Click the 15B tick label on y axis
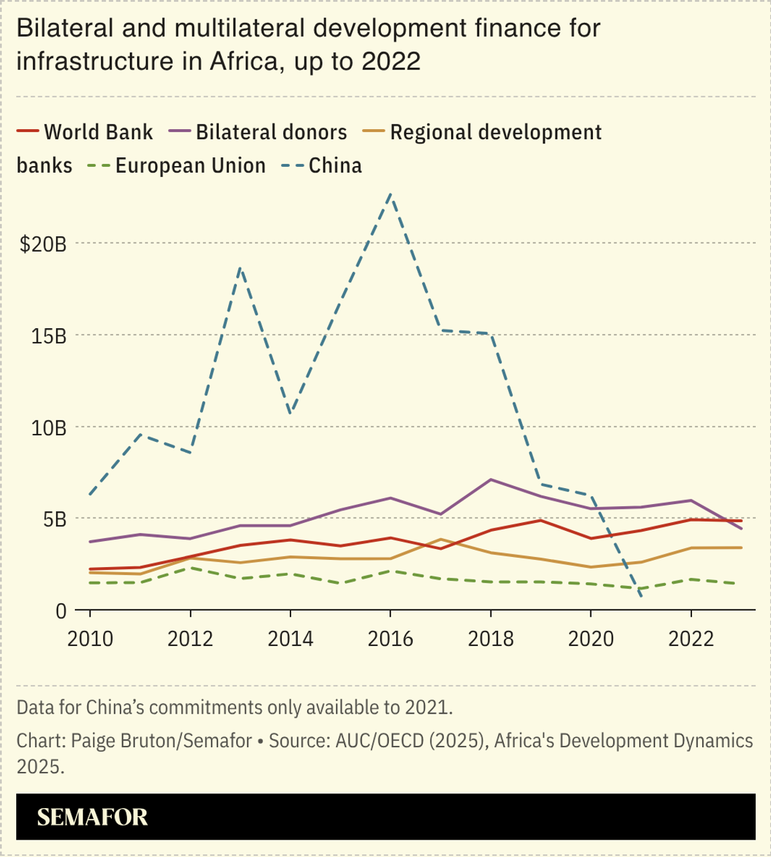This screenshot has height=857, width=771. [49, 336]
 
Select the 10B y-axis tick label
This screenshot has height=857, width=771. [49, 428]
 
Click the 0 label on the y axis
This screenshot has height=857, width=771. [61, 611]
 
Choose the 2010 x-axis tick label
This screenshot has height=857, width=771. [90, 639]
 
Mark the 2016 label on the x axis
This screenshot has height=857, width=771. [390, 639]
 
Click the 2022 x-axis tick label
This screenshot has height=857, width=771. [691, 639]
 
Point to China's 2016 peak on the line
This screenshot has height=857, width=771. [390, 194]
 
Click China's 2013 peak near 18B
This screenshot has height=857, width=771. [240, 268]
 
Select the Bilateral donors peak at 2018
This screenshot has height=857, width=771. [491, 479]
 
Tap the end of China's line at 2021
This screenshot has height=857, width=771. [641, 595]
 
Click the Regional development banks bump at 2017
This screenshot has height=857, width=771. [440, 539]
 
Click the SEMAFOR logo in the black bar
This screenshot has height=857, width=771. [92, 817]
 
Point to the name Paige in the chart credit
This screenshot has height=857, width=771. [90, 741]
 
